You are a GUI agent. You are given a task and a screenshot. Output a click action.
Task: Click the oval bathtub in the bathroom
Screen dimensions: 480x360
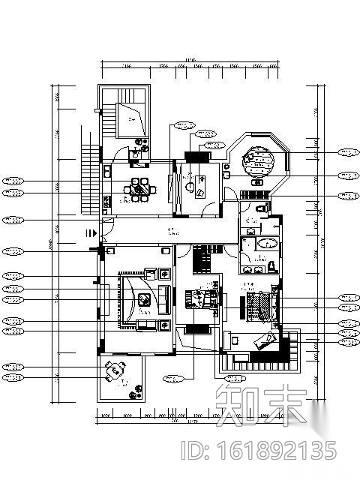(266, 244)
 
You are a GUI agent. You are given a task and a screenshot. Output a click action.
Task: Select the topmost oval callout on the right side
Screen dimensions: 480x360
(348, 152)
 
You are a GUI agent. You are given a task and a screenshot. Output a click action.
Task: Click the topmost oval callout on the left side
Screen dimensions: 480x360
(11, 181)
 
